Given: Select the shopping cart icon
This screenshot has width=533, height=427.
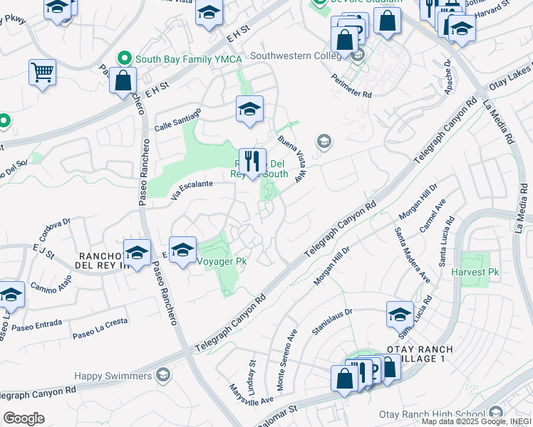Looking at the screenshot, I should pos(42,72).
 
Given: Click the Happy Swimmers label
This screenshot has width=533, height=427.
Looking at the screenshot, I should pos(114,375).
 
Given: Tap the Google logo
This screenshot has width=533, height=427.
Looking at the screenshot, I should pos(24,418).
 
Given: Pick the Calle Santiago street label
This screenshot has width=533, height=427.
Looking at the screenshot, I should pos(178,119).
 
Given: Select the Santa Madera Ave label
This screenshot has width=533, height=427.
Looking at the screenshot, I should pos(413,253).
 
